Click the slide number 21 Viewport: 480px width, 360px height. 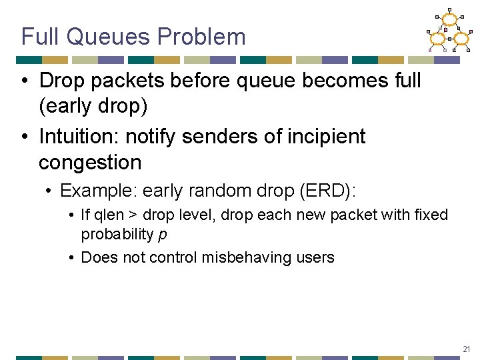pyautogui.click(x=467, y=349)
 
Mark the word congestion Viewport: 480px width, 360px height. pyautogui.click(x=90, y=162)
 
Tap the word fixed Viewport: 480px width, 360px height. pyautogui.click(x=431, y=215)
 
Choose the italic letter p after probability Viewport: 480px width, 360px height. pyautogui.click(x=163, y=235)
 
